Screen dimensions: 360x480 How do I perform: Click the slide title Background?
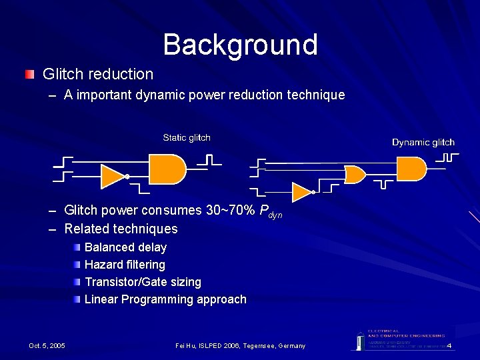pyautogui.click(x=240, y=45)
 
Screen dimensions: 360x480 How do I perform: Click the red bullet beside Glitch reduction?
pyautogui.click(x=29, y=74)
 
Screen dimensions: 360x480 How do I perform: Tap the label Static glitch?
pyautogui.click(x=187, y=138)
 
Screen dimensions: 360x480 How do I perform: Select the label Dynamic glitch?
pyautogui.click(x=423, y=142)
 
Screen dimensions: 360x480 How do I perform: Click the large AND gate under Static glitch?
pyautogui.click(x=166, y=169)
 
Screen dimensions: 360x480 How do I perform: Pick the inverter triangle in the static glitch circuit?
pyautogui.click(x=111, y=176)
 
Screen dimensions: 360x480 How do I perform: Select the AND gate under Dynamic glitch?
pyautogui.click(x=410, y=169)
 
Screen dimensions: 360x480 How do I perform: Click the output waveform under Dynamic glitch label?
pyautogui.click(x=447, y=158)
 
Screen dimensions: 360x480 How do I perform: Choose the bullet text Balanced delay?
pyautogui.click(x=125, y=247)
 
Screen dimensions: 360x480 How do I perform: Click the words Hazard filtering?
pyautogui.click(x=125, y=265)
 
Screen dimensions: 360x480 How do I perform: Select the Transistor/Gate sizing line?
pyautogui.click(x=143, y=282)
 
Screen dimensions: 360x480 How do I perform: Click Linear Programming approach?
pyautogui.click(x=165, y=299)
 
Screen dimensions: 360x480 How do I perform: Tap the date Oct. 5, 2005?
pyautogui.click(x=47, y=345)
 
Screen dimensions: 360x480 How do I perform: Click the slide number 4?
pyautogui.click(x=449, y=345)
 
